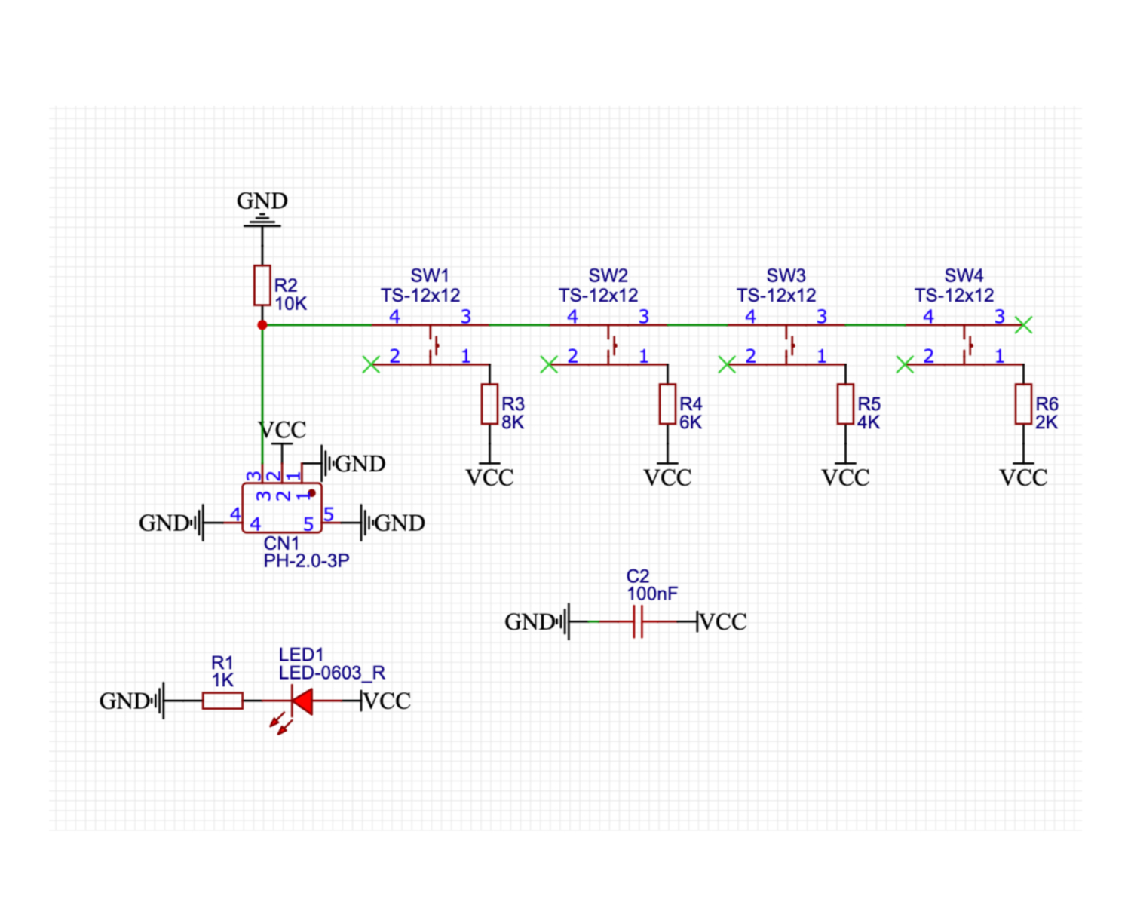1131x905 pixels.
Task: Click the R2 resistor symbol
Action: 262,285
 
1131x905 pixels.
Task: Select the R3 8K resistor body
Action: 489,404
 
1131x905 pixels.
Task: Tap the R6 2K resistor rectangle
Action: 1023,404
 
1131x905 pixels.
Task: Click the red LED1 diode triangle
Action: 302,701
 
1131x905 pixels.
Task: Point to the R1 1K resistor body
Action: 222,701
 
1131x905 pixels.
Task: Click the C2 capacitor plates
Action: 638,621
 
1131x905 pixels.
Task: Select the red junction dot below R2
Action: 262,325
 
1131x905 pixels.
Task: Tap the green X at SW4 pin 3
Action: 1023,325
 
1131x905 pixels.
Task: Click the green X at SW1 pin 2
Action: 370,365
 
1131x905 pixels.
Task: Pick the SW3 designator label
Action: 786,276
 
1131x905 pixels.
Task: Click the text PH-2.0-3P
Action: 306,561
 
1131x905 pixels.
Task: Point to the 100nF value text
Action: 652,594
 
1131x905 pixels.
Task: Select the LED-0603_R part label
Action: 332,673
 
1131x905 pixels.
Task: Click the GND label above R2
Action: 262,201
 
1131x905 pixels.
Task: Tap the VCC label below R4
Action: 667,477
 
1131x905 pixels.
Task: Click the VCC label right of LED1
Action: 387,701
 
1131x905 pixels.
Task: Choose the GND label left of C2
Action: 530,622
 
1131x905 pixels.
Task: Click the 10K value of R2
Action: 290,304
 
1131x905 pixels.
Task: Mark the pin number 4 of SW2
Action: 572,317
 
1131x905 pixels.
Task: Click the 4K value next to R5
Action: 868,422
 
